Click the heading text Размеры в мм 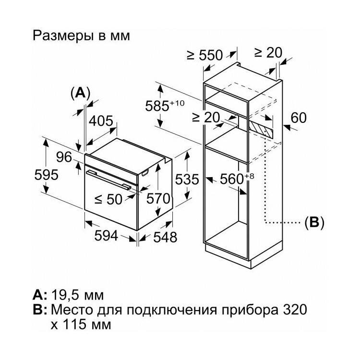point(81,36)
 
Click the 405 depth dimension point(101,121)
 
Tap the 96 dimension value point(64,157)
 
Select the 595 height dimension point(47,175)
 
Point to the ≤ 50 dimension point(108,199)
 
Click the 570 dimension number point(158,198)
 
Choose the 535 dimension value point(187,180)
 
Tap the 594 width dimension point(106,235)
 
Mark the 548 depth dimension point(165,237)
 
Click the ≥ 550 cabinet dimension point(205,55)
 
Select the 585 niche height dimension point(165,106)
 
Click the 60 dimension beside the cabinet point(299,118)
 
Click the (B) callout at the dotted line point(314,222)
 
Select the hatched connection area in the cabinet point(261,129)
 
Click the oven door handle point(108,180)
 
